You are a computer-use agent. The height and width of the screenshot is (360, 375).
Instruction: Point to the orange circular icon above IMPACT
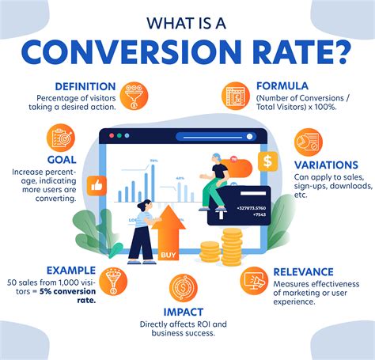(x=184, y=288)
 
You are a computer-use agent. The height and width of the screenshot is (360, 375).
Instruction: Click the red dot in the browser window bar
(x=108, y=135)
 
